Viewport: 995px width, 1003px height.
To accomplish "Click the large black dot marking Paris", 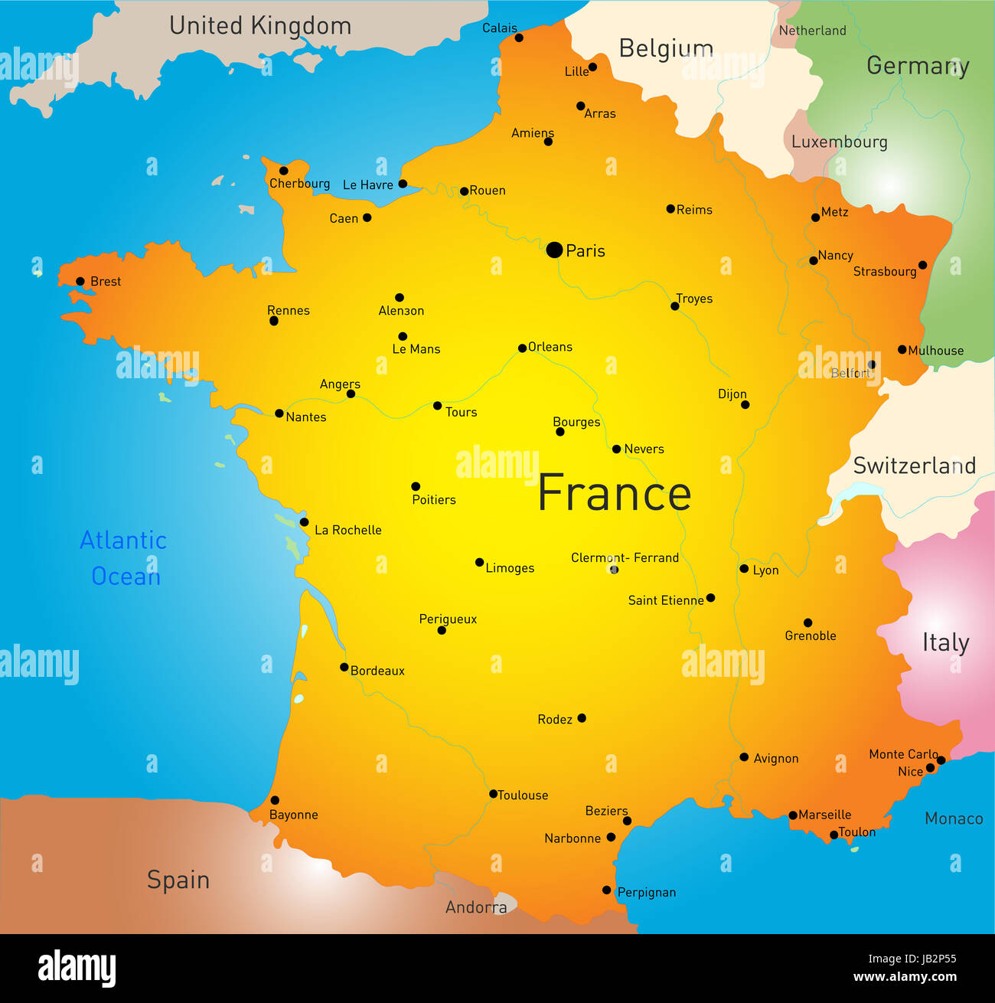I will pyautogui.click(x=554, y=250).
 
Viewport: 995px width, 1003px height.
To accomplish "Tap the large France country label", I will pyautogui.click(x=614, y=493).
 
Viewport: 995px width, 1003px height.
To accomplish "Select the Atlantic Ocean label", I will pyautogui.click(x=123, y=558).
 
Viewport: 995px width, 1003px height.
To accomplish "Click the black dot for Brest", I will pyautogui.click(x=80, y=281).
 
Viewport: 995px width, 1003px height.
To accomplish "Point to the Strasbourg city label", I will pyautogui.click(x=884, y=272).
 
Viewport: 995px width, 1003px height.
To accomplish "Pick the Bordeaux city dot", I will pyautogui.click(x=344, y=667).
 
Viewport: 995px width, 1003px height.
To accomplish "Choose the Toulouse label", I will pyautogui.click(x=523, y=796).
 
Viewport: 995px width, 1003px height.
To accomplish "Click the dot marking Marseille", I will pyautogui.click(x=793, y=815).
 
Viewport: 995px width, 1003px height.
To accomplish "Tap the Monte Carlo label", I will pyautogui.click(x=903, y=754).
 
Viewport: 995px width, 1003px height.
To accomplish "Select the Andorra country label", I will pyautogui.click(x=476, y=907).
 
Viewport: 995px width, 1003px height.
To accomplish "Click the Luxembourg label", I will pyautogui.click(x=839, y=142).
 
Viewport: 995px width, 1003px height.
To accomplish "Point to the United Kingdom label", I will pyautogui.click(x=260, y=26).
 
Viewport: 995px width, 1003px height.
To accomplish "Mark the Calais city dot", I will pyautogui.click(x=519, y=38).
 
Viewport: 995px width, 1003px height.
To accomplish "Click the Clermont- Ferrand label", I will pyautogui.click(x=625, y=557).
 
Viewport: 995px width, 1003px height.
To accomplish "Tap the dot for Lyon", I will pyautogui.click(x=744, y=569).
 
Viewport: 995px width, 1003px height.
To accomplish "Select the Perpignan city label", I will pyautogui.click(x=646, y=893).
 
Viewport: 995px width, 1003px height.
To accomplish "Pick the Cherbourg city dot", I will pyautogui.click(x=283, y=171).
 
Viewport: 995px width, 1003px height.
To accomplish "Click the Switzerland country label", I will pyautogui.click(x=914, y=466).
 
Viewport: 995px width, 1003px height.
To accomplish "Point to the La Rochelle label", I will pyautogui.click(x=347, y=530).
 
